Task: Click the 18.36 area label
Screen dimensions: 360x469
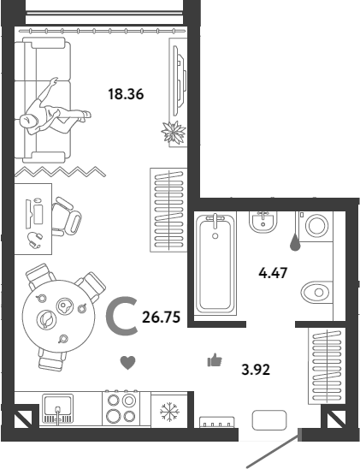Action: click(x=126, y=94)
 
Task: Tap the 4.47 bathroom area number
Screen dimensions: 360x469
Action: click(x=273, y=273)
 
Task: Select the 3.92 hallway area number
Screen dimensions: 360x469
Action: click(x=256, y=370)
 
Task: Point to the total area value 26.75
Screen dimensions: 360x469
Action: click(x=162, y=318)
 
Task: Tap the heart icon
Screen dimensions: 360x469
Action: click(x=128, y=363)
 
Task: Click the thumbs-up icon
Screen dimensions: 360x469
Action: click(x=215, y=359)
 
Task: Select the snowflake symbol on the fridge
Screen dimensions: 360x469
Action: click(x=169, y=412)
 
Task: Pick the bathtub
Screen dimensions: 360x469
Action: click(x=215, y=264)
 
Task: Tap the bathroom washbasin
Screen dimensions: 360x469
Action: click(x=263, y=222)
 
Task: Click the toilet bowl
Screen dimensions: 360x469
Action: click(x=316, y=292)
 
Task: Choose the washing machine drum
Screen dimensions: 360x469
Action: click(x=316, y=226)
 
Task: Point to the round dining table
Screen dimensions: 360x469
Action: click(x=59, y=316)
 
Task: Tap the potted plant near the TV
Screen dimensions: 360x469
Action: click(x=174, y=132)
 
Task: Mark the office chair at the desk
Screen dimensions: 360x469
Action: click(x=67, y=217)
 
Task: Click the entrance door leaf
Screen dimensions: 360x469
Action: click(x=273, y=448)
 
